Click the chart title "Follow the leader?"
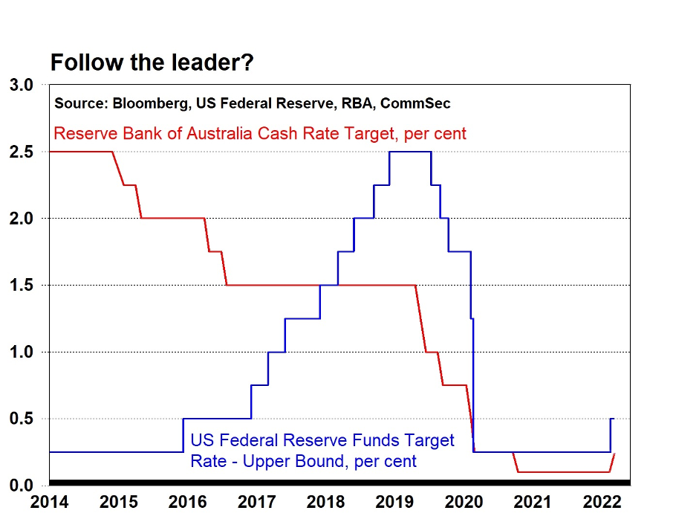(152, 63)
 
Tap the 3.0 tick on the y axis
(22, 85)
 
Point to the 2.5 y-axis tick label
(22, 152)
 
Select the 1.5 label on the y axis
(22, 285)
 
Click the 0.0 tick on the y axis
(22, 486)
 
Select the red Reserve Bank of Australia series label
(260, 134)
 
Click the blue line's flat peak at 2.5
(410, 152)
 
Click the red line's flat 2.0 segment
(172, 218)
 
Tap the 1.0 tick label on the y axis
(22, 352)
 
